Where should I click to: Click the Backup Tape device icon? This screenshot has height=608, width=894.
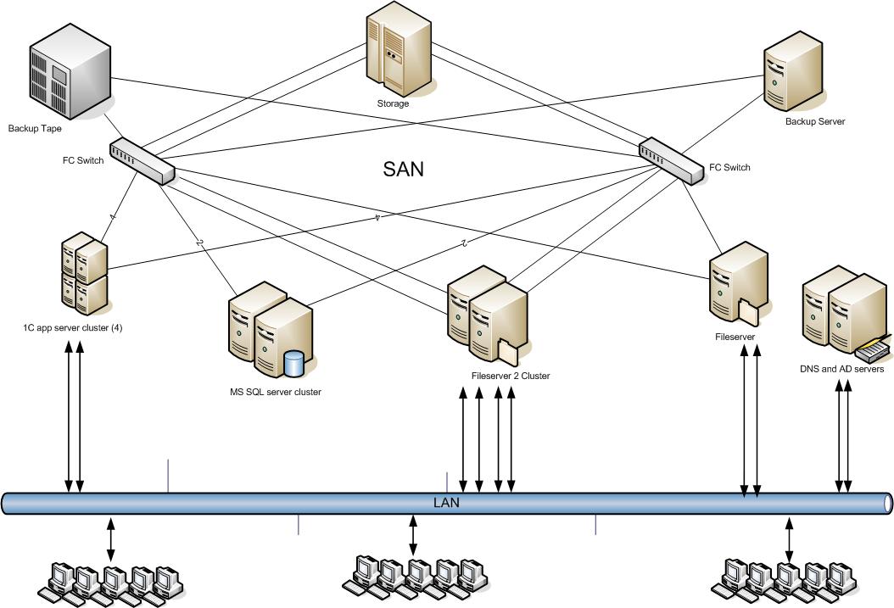point(70,74)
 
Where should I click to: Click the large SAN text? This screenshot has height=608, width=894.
point(404,169)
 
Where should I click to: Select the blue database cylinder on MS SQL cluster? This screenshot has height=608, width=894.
point(294,363)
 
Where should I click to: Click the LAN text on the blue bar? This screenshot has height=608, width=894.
point(446,503)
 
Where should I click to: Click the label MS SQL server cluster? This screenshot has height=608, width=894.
point(270,392)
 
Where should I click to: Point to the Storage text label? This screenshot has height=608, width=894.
point(393,103)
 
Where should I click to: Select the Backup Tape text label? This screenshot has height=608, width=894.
point(35,129)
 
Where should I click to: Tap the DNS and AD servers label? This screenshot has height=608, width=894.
point(841,369)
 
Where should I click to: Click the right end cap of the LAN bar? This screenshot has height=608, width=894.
point(888,503)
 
